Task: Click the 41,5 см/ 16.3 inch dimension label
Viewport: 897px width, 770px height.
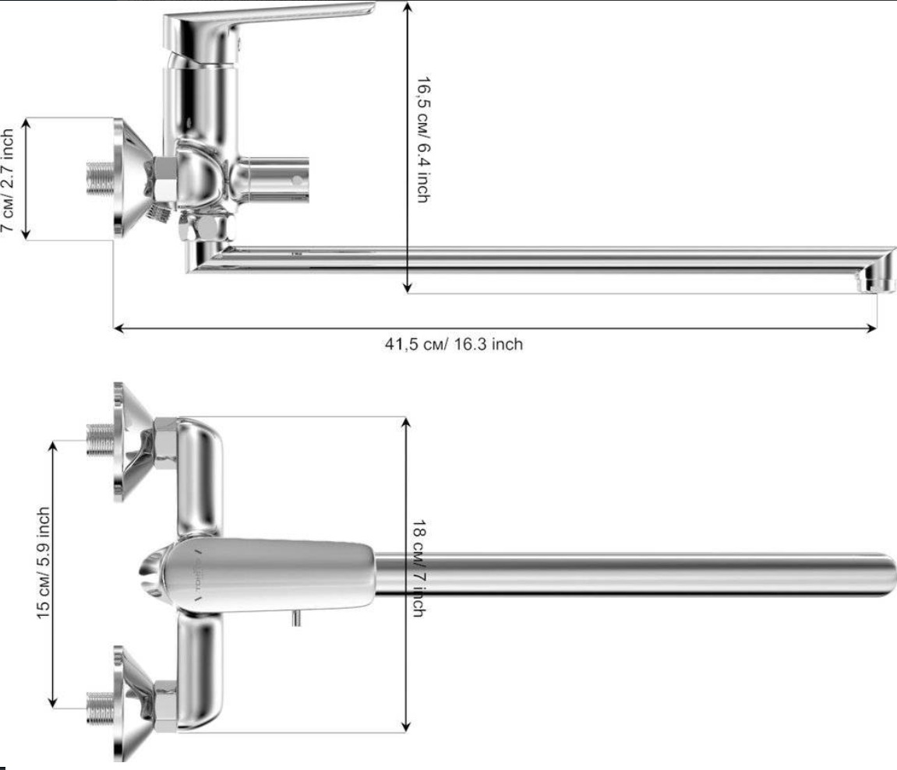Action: point(454,344)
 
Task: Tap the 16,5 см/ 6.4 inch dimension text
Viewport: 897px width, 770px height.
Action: point(423,140)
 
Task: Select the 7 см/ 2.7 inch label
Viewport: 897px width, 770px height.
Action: point(8,180)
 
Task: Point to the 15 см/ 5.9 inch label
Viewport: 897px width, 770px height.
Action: point(44,562)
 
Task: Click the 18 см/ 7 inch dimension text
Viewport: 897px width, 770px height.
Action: point(418,568)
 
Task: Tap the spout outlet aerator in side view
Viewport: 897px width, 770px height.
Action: point(874,281)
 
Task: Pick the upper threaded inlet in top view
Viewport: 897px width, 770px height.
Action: point(100,440)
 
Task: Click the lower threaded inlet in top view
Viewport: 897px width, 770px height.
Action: point(100,708)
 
